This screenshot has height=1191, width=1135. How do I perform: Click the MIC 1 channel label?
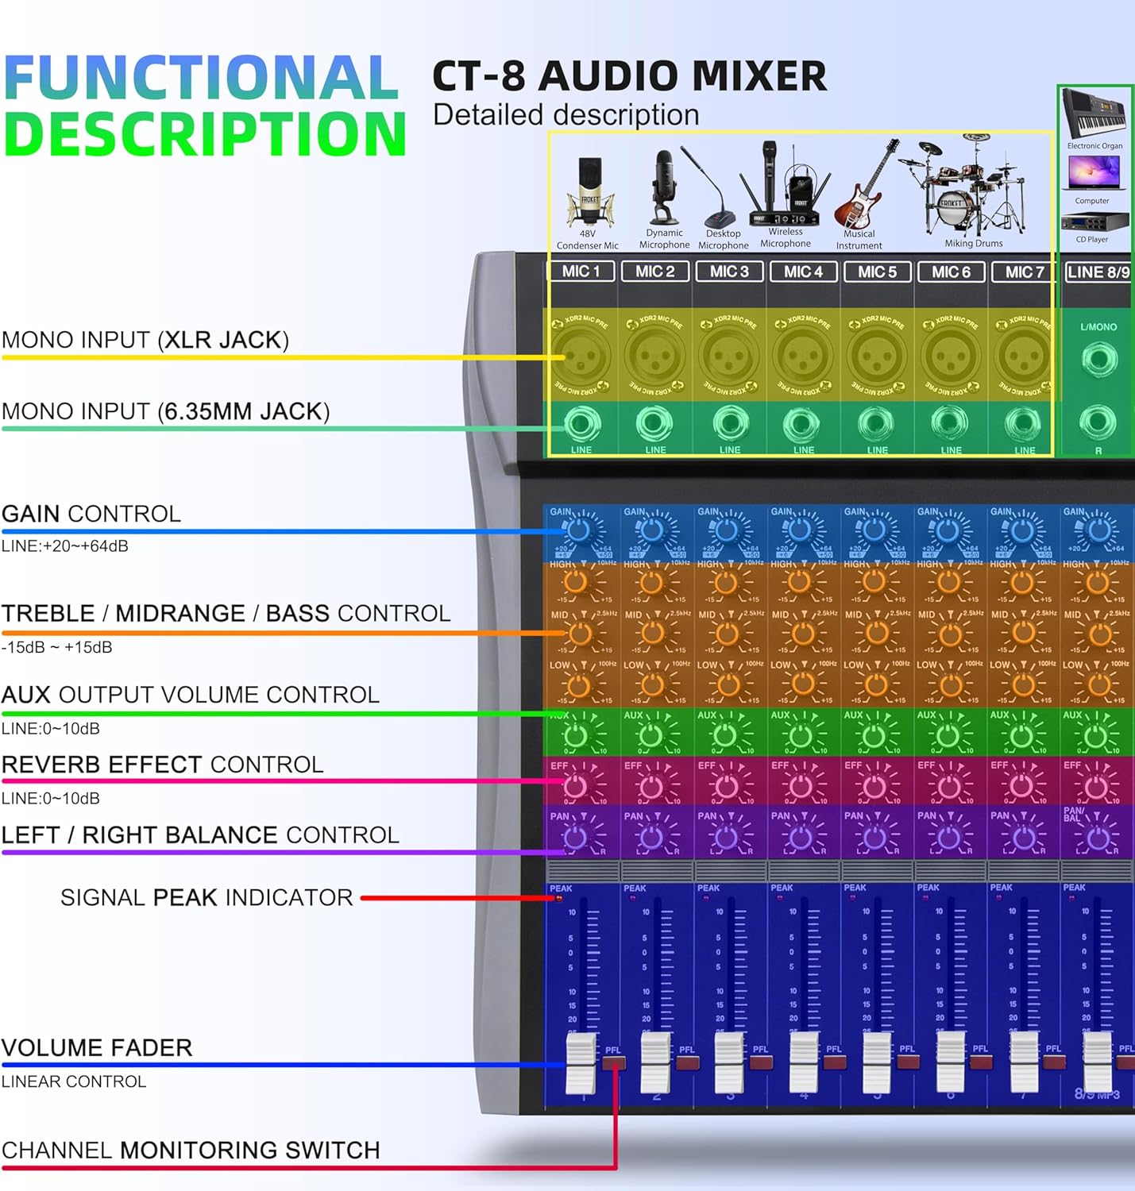point(581,272)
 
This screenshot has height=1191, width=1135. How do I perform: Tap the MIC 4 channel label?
point(803,272)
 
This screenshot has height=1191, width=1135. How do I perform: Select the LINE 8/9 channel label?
point(1098,272)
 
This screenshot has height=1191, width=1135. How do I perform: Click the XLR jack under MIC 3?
point(728,355)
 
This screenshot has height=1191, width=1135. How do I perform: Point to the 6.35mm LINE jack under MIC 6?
point(950,424)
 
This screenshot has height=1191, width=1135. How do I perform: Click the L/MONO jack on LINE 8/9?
point(1098,360)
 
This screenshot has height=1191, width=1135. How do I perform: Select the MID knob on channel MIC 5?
point(876,634)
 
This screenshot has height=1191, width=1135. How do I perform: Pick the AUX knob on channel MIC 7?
point(1022,736)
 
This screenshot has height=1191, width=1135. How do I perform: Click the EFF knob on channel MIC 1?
point(576,786)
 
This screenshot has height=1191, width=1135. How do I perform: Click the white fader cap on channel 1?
point(581,1062)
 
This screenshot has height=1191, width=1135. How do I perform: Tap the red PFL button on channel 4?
point(834,1062)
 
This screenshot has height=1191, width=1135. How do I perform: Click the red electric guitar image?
point(862,191)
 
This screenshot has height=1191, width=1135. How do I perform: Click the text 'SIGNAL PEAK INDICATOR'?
point(207,897)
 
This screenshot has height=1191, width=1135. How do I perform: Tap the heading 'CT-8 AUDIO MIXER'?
point(629,76)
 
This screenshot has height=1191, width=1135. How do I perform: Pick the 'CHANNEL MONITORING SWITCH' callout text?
point(191,1150)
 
